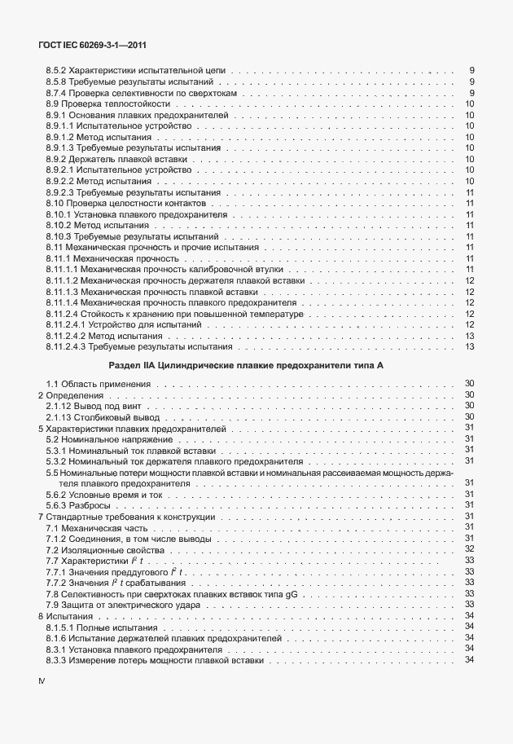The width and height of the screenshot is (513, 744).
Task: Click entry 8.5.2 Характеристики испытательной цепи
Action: coord(137,72)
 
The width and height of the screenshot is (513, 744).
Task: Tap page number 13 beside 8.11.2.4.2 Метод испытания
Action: coord(469,335)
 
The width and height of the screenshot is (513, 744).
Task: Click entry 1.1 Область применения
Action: coord(96,384)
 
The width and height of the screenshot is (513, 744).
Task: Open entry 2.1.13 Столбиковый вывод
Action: coord(100,416)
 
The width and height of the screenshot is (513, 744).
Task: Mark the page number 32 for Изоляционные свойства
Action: coord(469,549)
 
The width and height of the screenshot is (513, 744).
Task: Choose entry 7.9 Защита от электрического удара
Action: coord(123,605)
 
